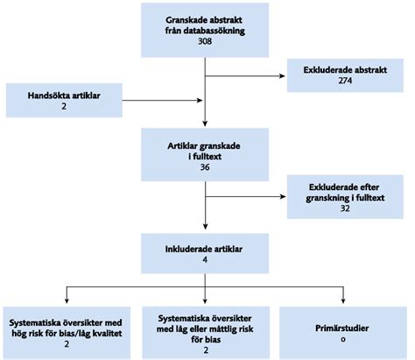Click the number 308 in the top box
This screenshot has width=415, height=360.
[205, 41]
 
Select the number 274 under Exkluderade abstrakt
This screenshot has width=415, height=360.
[345, 81]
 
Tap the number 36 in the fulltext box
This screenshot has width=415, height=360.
[205, 167]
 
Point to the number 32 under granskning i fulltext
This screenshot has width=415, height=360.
[345, 208]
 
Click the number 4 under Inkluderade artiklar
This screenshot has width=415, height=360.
[205, 259]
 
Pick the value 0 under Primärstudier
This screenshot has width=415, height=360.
[343, 339]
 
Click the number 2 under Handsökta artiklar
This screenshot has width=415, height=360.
[64, 106]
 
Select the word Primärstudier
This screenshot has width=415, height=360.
[342, 328]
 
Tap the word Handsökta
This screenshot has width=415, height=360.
[46, 95]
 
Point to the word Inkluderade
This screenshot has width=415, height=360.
[186, 249]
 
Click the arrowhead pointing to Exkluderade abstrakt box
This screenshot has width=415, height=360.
[282, 76]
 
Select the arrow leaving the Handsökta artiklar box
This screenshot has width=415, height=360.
[162, 101]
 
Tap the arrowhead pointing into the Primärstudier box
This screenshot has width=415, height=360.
[343, 300]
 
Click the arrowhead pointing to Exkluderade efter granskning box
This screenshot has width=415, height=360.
[283, 196]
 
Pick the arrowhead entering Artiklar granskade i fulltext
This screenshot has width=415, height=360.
[205, 124]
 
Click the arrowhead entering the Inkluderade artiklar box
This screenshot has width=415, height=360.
[206, 226]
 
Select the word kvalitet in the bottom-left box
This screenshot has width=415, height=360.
[107, 333]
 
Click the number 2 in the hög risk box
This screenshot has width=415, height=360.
[67, 344]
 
